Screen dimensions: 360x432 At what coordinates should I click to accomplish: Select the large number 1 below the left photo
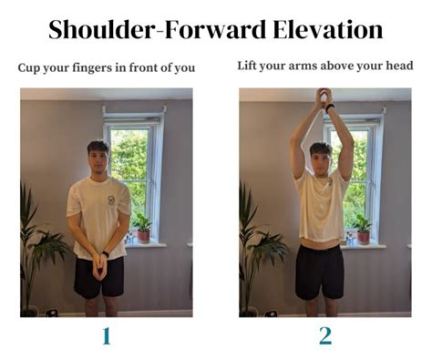click(x=106, y=335)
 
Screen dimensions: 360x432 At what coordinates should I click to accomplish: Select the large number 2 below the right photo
click(x=324, y=335)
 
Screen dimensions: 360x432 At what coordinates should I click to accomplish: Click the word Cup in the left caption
click(x=28, y=67)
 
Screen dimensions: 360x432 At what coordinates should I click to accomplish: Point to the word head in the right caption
click(x=396, y=66)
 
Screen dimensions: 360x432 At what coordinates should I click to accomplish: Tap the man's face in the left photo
click(x=98, y=157)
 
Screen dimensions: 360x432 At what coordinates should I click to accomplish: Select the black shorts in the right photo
click(x=322, y=271)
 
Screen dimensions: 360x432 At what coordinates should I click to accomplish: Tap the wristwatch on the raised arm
click(x=330, y=107)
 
